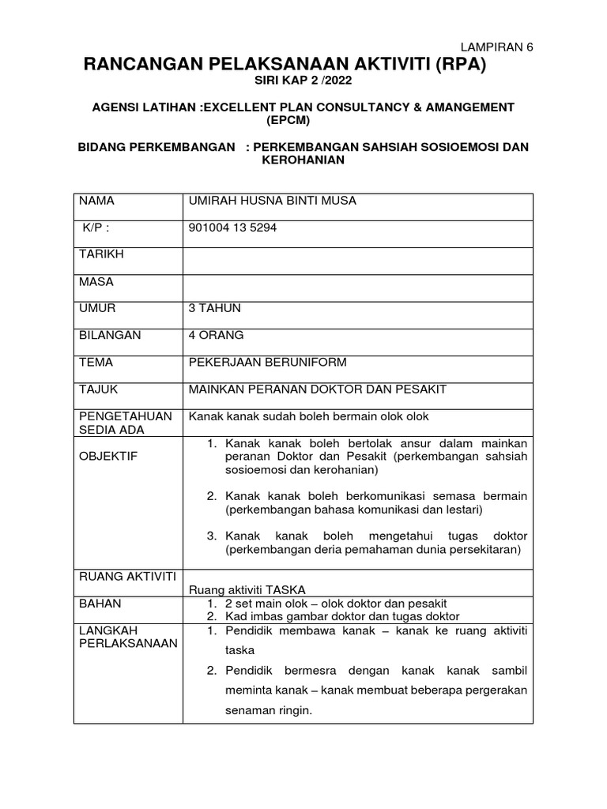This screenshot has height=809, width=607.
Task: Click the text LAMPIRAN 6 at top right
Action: [496, 47]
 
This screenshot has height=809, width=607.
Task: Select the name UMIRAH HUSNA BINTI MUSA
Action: [272, 201]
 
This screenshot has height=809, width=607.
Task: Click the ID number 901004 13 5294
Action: [232, 228]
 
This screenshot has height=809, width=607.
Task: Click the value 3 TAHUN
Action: [214, 308]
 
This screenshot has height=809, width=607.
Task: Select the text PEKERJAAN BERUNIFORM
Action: [267, 362]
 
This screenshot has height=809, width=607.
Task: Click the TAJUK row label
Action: [97, 389]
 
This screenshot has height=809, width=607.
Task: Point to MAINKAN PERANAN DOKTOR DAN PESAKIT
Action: [317, 389]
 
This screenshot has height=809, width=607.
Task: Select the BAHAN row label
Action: [97, 603]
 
